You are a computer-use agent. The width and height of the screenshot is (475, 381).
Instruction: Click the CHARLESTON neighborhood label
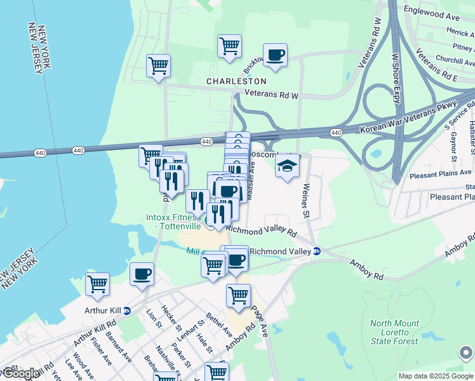click(x=236, y=82)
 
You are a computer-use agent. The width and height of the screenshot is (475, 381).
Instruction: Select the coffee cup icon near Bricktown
click(x=275, y=56)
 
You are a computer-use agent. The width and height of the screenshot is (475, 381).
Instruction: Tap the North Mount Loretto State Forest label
click(x=394, y=332)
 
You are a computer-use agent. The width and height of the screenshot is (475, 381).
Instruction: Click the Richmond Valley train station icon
click(x=317, y=251)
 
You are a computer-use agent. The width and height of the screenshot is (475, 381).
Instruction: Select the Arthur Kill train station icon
click(x=126, y=311)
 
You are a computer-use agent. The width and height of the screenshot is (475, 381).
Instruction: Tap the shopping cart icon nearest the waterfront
click(x=97, y=285)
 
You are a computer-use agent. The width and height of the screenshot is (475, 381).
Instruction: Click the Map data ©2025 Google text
click(x=436, y=376)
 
